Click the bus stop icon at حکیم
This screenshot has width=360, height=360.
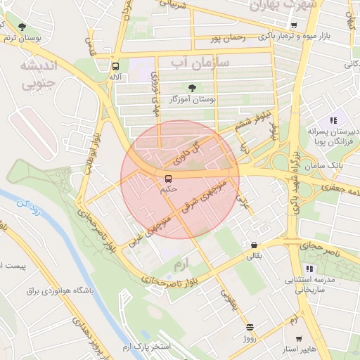pos(168,178)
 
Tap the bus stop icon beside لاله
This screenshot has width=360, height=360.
pos(115,66)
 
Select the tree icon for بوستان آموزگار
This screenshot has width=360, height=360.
pos(192,89)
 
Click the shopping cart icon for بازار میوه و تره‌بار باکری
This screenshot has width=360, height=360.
pos(293,25)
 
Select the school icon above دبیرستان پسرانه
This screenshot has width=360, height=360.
pos(333,120)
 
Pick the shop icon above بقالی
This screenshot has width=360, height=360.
pos(254,245)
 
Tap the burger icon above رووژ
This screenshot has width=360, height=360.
pos(250,327)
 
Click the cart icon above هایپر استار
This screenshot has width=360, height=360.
pos(298,338)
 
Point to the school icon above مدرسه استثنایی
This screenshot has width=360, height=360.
pos(309,269)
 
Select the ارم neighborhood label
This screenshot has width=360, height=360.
pos(181,264)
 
